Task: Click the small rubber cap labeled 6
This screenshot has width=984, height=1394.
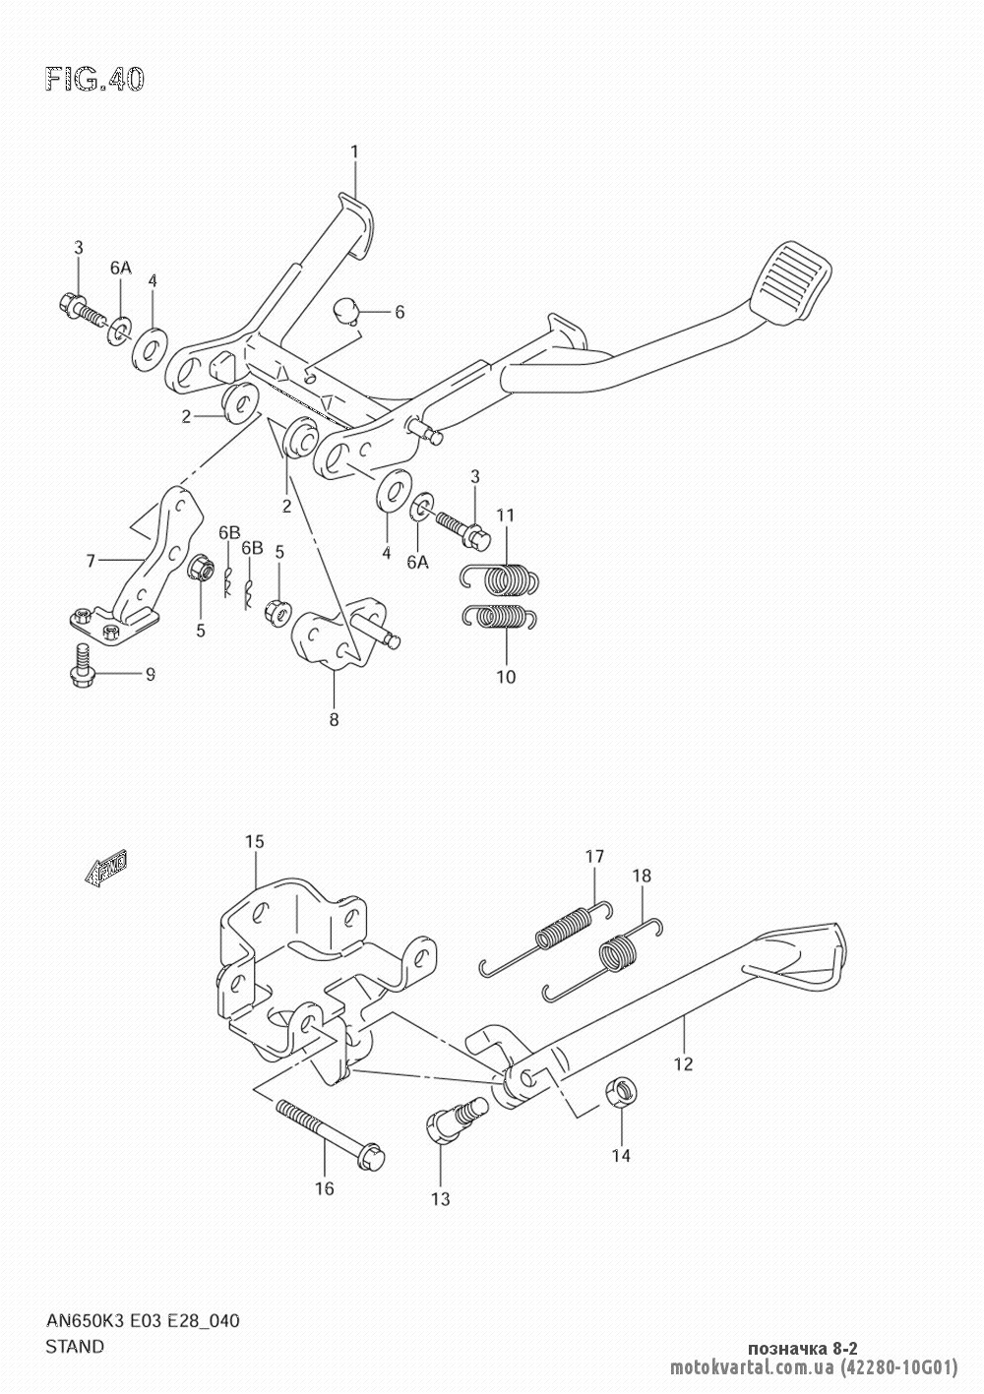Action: [344, 311]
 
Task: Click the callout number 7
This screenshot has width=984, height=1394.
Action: [91, 561]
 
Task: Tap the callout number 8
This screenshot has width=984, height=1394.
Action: [334, 720]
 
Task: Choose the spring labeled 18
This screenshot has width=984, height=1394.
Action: [619, 950]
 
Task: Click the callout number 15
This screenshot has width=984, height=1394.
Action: [255, 841]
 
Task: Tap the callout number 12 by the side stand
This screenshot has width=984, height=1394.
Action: [683, 1063]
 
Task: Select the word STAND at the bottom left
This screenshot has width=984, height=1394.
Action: [74, 1346]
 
